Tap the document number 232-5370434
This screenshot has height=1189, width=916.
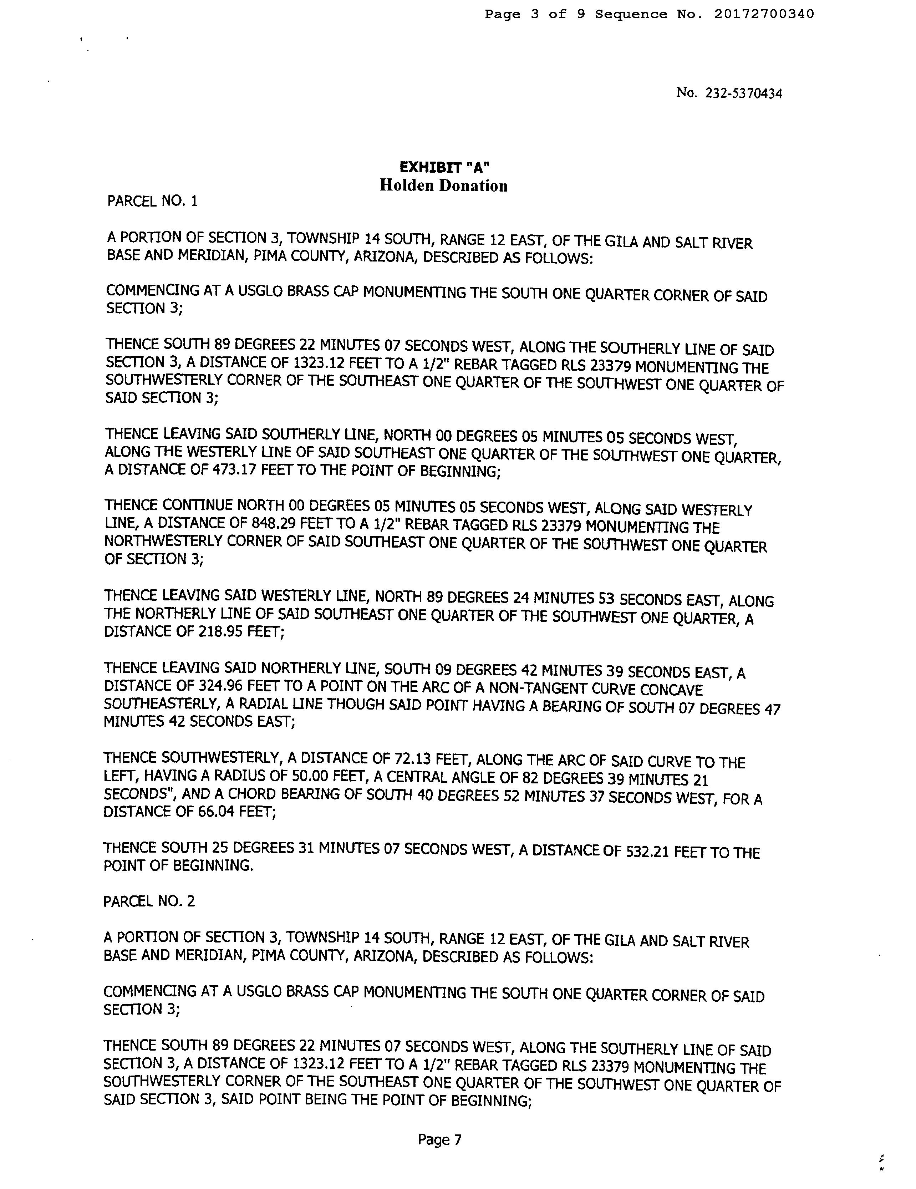tap(743, 93)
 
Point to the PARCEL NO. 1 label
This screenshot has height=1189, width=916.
tap(152, 202)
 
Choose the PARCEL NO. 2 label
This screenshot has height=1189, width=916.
tap(149, 901)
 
